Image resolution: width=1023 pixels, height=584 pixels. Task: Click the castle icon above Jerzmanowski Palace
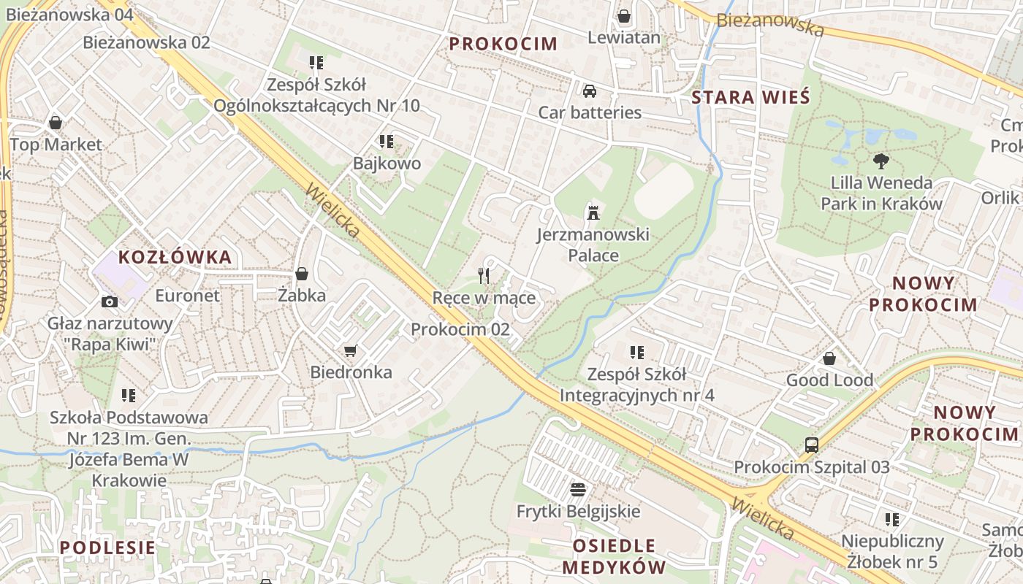593,213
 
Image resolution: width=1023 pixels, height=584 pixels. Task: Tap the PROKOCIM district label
503,44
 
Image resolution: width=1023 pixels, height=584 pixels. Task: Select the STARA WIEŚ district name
750,97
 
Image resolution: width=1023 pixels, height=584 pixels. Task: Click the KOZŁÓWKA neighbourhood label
175,257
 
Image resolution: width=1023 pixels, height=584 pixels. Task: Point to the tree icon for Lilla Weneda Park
881,161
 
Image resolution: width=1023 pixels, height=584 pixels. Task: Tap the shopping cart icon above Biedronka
351,351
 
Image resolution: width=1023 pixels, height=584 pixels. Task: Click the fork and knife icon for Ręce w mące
484,275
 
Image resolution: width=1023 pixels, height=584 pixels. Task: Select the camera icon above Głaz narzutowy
109,301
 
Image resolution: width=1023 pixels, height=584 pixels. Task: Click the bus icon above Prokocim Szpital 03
811,445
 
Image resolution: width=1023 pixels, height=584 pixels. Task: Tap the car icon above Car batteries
590,91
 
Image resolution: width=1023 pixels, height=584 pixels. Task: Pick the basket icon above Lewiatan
624,16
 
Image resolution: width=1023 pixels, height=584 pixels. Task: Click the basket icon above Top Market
56,123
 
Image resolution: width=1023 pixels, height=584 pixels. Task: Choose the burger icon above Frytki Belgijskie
578,489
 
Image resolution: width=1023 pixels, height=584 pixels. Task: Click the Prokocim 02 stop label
460,329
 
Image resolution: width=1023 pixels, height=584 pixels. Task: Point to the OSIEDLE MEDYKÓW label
614,556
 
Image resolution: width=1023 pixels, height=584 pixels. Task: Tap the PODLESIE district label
107,547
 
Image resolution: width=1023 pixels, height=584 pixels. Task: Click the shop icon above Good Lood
829,358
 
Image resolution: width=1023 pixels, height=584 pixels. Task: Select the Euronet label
187,296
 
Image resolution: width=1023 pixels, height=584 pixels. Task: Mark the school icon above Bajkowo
386,142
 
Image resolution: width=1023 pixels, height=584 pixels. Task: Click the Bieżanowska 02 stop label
146,42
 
